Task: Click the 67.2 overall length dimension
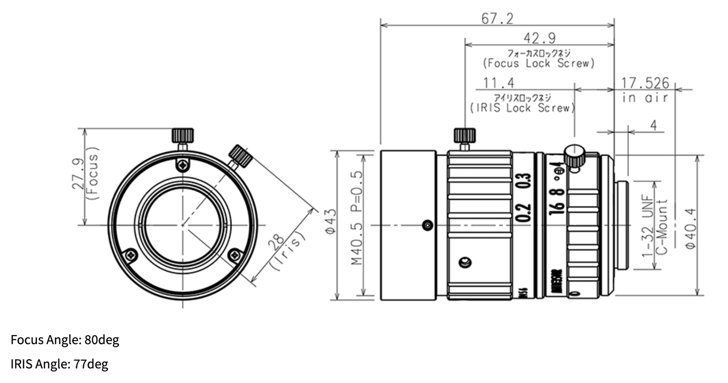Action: point(497,19)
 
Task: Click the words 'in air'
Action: point(645,98)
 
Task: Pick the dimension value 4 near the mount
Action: point(653,125)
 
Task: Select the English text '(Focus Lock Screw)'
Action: point(539,63)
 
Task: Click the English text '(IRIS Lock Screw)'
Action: point(522,107)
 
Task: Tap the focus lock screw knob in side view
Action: point(465,136)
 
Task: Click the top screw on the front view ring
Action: point(182,164)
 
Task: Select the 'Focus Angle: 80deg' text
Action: point(65,340)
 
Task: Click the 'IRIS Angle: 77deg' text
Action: point(59,364)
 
